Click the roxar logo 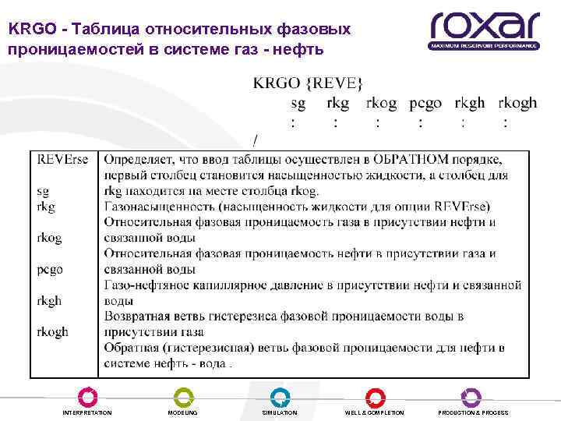pos(484,29)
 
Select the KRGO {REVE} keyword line pos(308,83)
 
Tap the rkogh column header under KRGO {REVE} pos(517,103)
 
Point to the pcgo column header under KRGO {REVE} pos(425,103)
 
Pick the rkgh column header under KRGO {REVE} pos(470,103)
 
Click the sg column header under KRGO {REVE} pos(298,103)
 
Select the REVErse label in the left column pos(62,159)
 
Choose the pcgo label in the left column pos(50,269)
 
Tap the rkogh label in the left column pos(53,331)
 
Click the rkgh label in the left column pos(49,300)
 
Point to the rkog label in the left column pos(49,238)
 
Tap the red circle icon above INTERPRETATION pos(87,396)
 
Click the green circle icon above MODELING pos(183,396)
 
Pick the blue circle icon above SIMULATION pos(279,396)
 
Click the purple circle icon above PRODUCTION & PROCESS pos(472,396)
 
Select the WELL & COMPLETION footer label pos(375,412)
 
